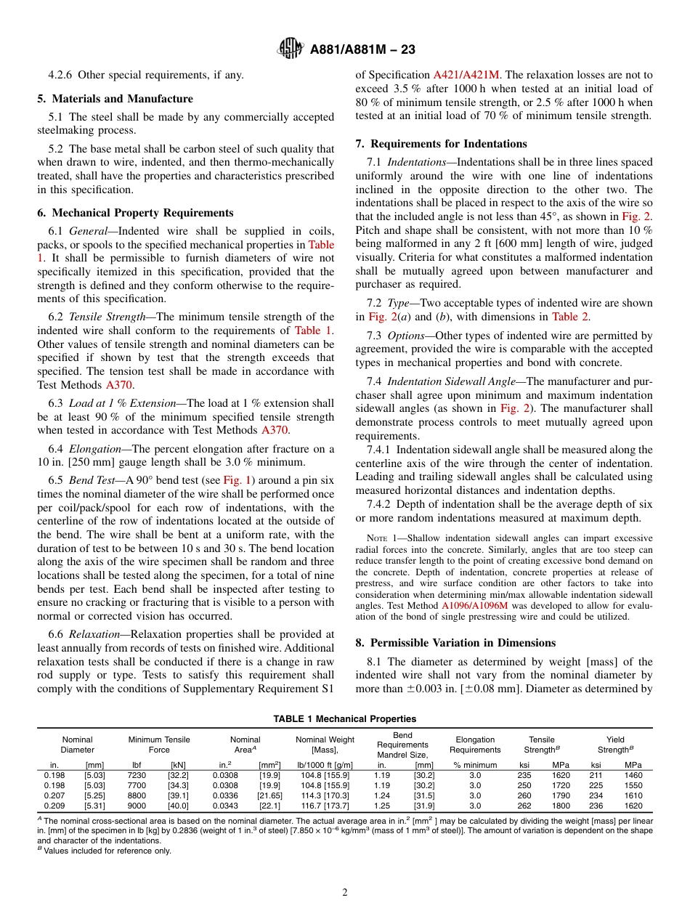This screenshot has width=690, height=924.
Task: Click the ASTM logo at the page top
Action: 291,49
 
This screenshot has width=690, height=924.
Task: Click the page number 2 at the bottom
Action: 345,893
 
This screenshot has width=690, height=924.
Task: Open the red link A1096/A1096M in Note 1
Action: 475,605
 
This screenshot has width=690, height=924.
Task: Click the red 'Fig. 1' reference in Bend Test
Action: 236,480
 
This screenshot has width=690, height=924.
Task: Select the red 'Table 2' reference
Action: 572,317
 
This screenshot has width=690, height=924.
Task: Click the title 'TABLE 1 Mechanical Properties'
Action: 345,719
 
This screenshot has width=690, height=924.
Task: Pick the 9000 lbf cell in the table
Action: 137,806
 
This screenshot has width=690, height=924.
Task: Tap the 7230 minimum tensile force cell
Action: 137,775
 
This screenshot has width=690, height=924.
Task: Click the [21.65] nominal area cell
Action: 269,795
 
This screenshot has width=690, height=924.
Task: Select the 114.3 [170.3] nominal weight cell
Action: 325,795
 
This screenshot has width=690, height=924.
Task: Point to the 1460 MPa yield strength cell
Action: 633,775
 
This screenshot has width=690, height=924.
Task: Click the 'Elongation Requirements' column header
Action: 475,745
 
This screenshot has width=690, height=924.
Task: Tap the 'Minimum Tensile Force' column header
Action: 159,745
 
